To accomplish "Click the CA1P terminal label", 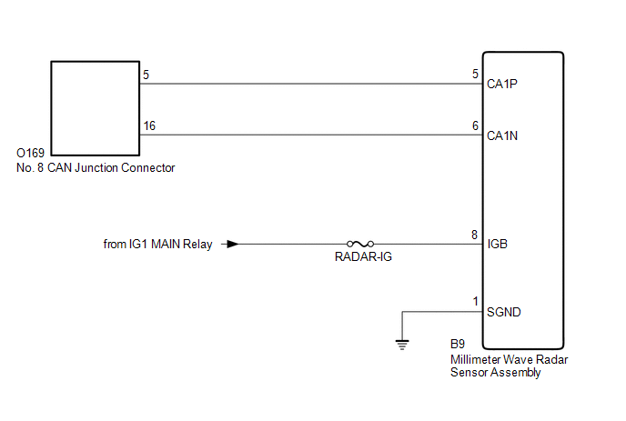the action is pyautogui.click(x=502, y=84).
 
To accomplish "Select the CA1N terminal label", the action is pyautogui.click(x=502, y=135).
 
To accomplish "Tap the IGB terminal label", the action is pyautogui.click(x=497, y=244).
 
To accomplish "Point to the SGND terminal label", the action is pyautogui.click(x=504, y=312).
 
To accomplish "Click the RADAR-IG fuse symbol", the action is pyautogui.click(x=360, y=244).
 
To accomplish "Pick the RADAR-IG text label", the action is pyautogui.click(x=363, y=257).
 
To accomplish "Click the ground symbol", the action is pyautogui.click(x=402, y=345).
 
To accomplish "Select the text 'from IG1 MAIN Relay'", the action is pyautogui.click(x=157, y=245).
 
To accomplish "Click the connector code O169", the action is pyautogui.click(x=30, y=153).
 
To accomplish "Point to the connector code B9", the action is pyautogui.click(x=458, y=344).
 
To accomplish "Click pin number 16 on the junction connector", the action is pyautogui.click(x=149, y=125).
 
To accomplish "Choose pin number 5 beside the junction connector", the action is pyautogui.click(x=146, y=75).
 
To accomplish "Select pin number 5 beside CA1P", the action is pyautogui.click(x=475, y=74).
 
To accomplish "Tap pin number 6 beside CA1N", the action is pyautogui.click(x=475, y=125).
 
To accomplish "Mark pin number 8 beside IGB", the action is pyautogui.click(x=474, y=235).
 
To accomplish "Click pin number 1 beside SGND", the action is pyautogui.click(x=476, y=301).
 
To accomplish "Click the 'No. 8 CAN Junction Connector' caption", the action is pyautogui.click(x=96, y=168).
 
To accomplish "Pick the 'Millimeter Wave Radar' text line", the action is pyautogui.click(x=509, y=359).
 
